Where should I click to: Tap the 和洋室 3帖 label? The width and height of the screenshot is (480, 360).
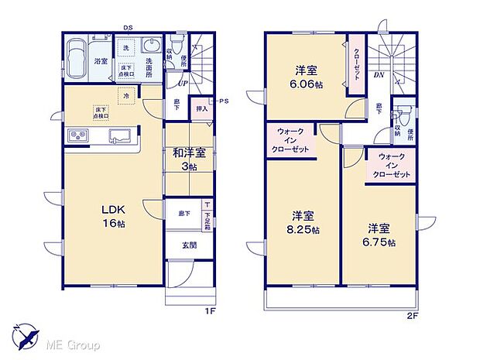(x=188, y=158)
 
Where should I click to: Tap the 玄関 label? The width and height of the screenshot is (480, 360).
(x=189, y=245)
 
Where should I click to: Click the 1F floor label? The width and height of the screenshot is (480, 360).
(x=208, y=311)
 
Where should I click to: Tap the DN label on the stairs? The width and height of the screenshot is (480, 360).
(x=379, y=75)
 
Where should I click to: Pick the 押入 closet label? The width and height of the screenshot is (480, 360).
(x=201, y=109)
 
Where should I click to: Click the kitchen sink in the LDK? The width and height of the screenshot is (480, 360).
(x=119, y=137)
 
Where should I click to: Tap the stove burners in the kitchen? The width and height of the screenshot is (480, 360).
(x=80, y=136)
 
